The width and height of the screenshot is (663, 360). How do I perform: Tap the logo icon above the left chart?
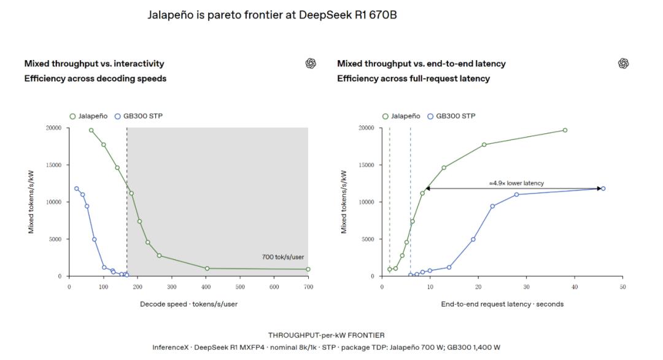point(311,63)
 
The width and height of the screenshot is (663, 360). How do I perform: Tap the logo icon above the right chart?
point(623,63)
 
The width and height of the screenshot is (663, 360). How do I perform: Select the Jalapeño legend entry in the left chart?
point(88,116)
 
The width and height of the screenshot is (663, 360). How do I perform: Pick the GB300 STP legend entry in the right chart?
point(451,116)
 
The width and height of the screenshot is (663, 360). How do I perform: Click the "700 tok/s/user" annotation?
point(283,257)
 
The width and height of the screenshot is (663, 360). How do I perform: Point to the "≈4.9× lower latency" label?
point(516,183)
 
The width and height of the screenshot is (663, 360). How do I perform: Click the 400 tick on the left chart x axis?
point(206,287)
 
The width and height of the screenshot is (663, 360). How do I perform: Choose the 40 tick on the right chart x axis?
point(575,287)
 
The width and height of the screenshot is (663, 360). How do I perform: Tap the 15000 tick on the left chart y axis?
point(53,165)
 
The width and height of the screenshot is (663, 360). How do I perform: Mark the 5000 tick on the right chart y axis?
point(368,239)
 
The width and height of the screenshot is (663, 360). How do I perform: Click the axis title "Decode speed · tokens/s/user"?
point(188,304)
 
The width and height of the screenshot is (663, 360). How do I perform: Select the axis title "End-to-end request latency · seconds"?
point(502,304)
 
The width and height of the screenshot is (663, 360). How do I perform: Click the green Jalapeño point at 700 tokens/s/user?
point(308,269)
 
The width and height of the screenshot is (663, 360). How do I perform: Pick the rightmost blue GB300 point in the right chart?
point(603,189)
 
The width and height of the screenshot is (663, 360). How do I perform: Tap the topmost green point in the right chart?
point(565,130)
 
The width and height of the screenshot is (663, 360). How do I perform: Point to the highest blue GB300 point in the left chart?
point(77,189)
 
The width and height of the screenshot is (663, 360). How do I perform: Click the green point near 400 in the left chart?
point(207,268)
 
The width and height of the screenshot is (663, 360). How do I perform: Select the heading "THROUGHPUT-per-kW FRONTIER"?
point(327,335)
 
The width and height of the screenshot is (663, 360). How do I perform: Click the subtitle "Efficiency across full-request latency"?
point(414,79)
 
